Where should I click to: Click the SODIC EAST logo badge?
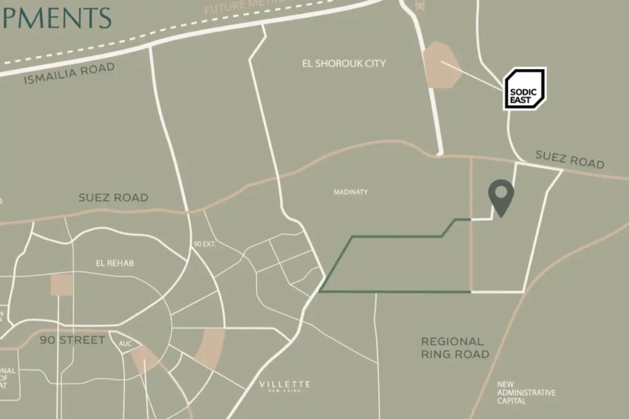(524, 89)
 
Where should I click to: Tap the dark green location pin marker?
(501, 196)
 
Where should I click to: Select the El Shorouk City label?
(344, 63)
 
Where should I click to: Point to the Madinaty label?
(351, 192)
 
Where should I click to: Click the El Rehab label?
(115, 263)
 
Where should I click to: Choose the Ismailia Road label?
(69, 73)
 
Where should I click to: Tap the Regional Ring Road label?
(455, 348)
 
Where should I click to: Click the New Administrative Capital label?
(526, 393)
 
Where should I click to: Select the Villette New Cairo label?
(284, 386)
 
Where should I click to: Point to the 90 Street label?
(72, 340)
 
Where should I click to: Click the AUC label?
(125, 343)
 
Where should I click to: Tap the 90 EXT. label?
(205, 244)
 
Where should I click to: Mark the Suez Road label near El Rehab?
(113, 198)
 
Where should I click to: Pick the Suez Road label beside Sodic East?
(569, 160)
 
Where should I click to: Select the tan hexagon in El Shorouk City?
(442, 64)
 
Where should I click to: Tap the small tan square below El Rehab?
(61, 285)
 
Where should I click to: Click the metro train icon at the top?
(420, 6)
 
